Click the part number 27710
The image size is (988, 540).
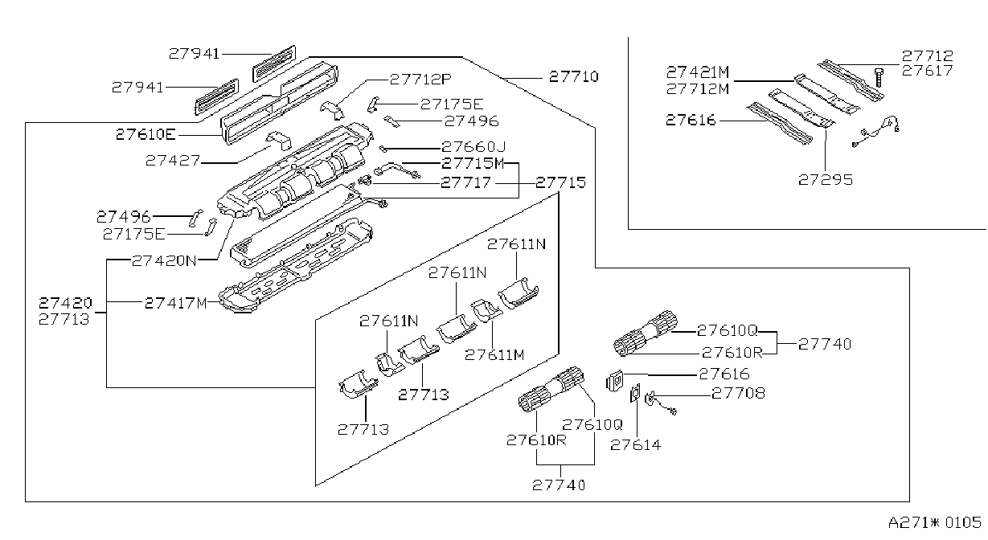coord(573,77)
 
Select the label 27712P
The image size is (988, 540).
coord(420,80)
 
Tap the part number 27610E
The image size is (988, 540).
coord(146,134)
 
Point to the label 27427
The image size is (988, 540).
coord(173,161)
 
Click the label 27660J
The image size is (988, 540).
coord(474,147)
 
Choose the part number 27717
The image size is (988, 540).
coord(465,182)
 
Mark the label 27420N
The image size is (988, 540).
coord(164,261)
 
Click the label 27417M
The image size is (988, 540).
coord(176,303)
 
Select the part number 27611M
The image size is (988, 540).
coord(494,355)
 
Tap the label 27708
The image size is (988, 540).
coord(738,393)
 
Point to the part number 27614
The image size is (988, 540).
coord(636,445)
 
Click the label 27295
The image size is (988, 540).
coord(826,180)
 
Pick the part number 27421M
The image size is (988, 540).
coord(698,72)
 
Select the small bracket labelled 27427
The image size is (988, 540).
coord(279,141)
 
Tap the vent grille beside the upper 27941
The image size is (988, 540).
coord(274,63)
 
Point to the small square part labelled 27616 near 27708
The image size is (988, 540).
coord(615,380)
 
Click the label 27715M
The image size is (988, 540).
coord(473,164)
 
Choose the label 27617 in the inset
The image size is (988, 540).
coord(927,71)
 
